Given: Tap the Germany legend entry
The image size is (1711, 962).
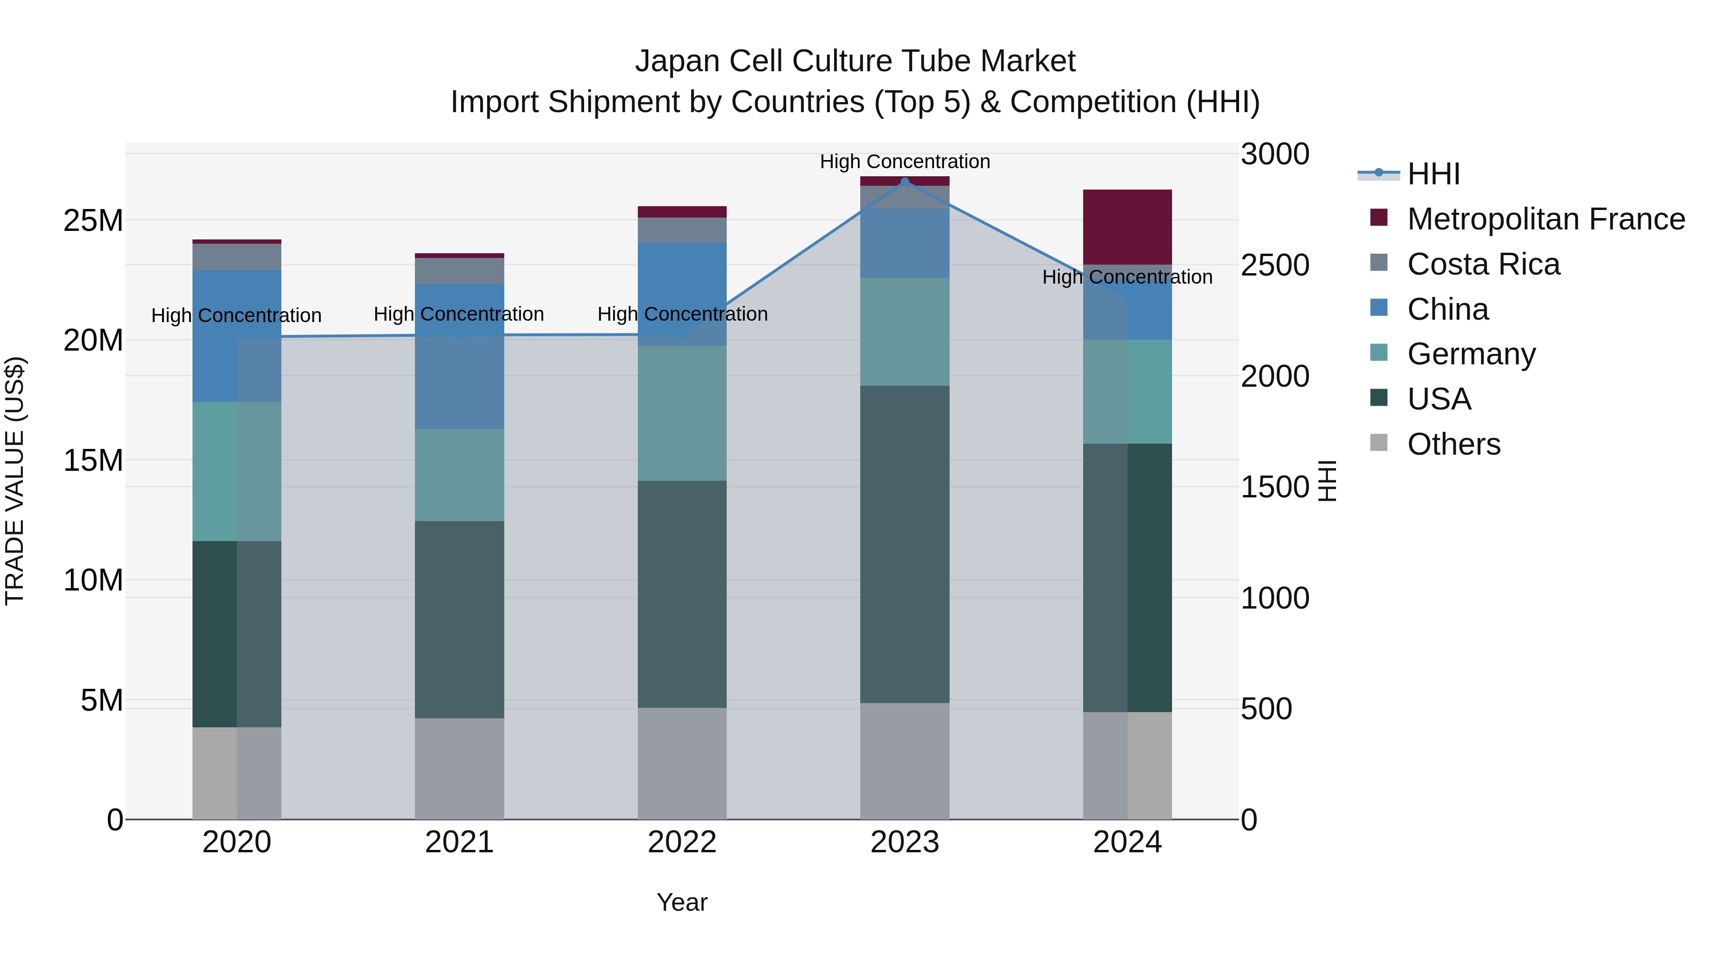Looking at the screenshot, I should tap(1471, 354).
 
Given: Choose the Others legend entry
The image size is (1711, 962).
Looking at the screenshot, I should tap(1453, 444).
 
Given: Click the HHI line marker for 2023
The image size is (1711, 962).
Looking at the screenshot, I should tap(904, 181).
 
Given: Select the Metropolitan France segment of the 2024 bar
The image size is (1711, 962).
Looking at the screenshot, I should tap(1127, 227).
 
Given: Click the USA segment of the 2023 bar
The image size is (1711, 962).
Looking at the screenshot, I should tap(904, 544).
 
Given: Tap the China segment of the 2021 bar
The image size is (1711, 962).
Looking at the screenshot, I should tap(459, 356).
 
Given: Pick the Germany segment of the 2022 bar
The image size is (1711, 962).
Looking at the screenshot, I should tap(682, 413).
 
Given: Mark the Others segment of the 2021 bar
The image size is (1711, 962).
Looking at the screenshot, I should tap(459, 768).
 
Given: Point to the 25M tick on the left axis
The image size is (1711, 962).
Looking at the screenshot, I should tap(93, 220).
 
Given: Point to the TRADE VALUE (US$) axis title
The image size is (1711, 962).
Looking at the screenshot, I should tap(15, 481).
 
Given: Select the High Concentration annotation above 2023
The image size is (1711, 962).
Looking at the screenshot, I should tap(904, 162).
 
